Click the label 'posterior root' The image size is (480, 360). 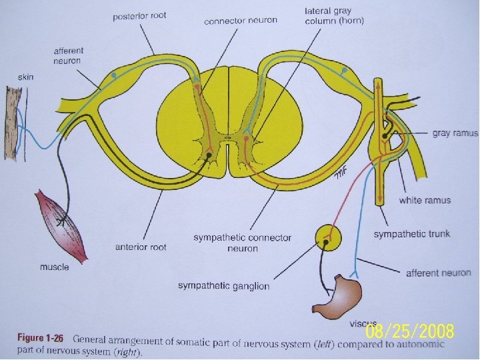pyautogui.click(x=139, y=15)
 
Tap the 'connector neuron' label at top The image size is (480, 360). pyautogui.click(x=240, y=21)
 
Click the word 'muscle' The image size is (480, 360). pyautogui.click(x=55, y=267)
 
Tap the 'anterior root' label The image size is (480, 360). pyautogui.click(x=141, y=246)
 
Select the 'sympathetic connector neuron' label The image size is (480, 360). pyautogui.click(x=242, y=243)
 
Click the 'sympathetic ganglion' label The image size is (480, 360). pyautogui.click(x=223, y=286)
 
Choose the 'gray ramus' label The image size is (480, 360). pyautogui.click(x=455, y=133)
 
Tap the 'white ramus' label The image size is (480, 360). pyautogui.click(x=425, y=200)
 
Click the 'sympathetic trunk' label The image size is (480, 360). pyautogui.click(x=411, y=234)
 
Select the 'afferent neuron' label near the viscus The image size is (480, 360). pyautogui.click(x=438, y=273)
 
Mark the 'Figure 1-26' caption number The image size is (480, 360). pyautogui.click(x=40, y=339)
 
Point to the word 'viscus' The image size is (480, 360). pyautogui.click(x=363, y=324)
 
